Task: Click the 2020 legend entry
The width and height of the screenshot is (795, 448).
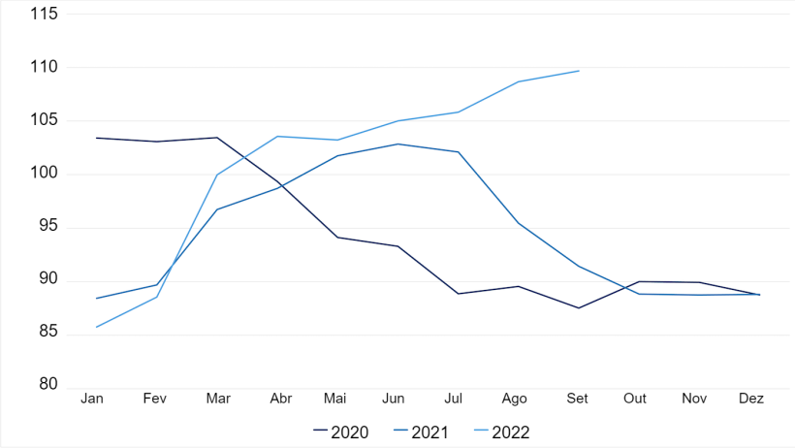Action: click(x=341, y=432)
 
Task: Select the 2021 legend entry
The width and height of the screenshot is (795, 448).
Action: click(x=421, y=432)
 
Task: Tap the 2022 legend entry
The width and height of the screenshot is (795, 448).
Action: click(x=501, y=432)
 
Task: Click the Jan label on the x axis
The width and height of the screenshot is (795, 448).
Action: click(x=93, y=399)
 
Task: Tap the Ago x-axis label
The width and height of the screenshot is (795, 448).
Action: click(x=516, y=399)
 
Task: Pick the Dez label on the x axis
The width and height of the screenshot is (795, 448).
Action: click(x=752, y=399)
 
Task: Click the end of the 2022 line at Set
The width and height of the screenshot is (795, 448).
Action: click(x=579, y=71)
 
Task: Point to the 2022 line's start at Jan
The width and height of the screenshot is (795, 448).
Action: click(x=95, y=327)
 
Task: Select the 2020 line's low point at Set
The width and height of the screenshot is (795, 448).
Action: click(x=579, y=307)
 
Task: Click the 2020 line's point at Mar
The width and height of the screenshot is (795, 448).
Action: click(x=216, y=138)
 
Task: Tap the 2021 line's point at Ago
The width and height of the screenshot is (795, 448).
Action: click(x=518, y=222)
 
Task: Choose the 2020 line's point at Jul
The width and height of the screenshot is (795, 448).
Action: click(x=458, y=294)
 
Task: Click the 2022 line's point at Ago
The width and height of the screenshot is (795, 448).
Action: click(x=518, y=81)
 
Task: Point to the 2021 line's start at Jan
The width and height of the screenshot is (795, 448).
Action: click(x=95, y=299)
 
